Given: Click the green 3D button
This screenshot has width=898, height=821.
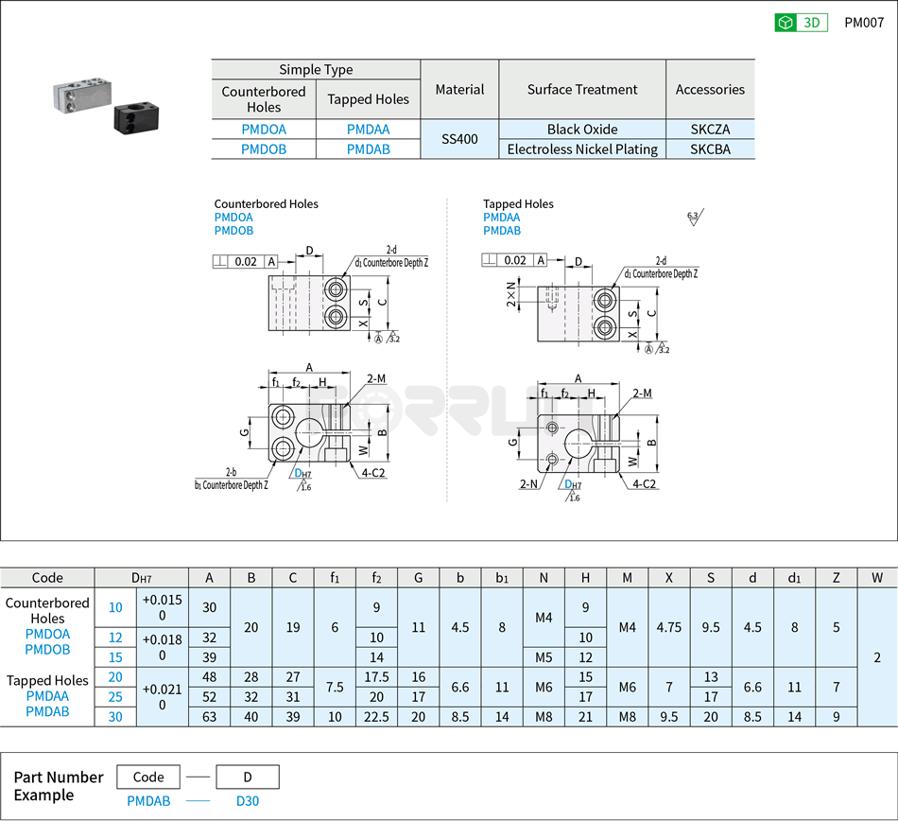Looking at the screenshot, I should point(801,24).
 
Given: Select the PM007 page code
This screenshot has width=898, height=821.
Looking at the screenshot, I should point(863,24).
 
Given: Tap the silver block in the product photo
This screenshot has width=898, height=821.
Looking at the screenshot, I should point(81,94).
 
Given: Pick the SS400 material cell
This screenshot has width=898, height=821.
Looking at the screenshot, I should point(459,139).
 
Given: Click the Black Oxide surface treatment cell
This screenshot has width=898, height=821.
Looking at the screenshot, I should point(582,130).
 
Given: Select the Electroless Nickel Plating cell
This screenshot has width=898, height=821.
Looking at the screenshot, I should point(582,149).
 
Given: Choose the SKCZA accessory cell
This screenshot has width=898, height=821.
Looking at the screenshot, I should point(710,130).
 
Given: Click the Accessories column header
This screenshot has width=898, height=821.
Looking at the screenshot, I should point(710,90).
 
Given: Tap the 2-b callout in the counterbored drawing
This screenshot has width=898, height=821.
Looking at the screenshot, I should point(231,472).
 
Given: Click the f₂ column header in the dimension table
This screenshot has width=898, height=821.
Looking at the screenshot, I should point(377,578).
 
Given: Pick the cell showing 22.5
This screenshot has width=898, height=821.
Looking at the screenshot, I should point(377,717).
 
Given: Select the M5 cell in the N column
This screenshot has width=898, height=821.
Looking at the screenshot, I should point(544,657).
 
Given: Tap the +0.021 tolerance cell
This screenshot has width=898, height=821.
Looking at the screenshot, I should point(163,697).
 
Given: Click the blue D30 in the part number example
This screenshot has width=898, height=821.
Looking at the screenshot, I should point(247,801).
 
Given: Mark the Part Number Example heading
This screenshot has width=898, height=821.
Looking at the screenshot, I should point(59,786).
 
